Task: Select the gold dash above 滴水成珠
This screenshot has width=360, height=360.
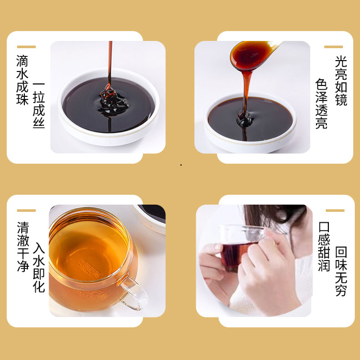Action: tap(26, 47)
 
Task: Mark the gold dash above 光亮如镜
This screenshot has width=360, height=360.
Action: tap(334, 47)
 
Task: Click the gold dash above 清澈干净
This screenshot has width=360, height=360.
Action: tap(26, 210)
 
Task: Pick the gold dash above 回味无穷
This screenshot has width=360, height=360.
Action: tap(335, 210)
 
